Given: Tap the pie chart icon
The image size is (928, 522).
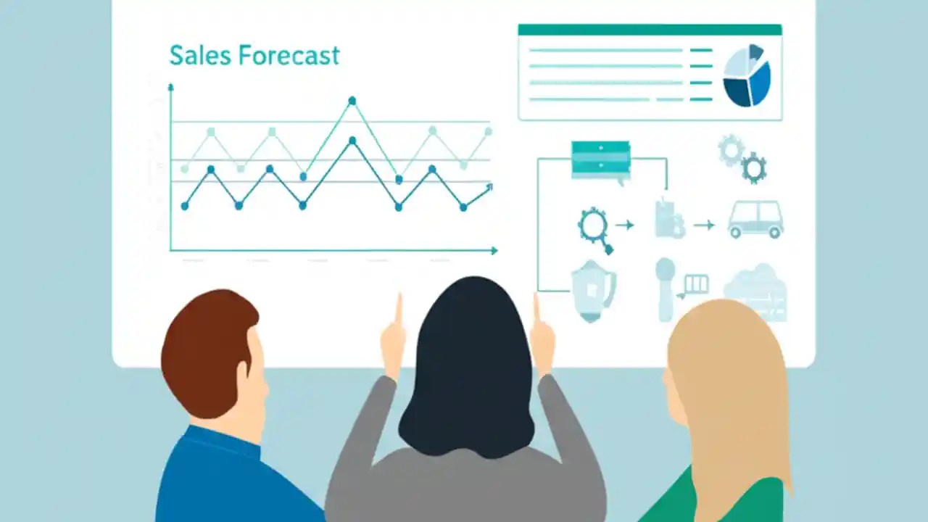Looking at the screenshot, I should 747,75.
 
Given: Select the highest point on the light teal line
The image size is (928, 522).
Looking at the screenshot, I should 352,101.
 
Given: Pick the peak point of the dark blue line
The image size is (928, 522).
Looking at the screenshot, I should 352,141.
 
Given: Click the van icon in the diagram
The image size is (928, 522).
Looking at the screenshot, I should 755,220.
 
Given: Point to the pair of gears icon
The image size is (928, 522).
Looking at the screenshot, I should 742,158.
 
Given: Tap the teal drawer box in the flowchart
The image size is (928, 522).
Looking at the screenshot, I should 600,159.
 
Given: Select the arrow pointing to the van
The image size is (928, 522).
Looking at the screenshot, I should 704,225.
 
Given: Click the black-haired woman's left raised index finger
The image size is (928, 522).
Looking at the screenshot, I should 398,310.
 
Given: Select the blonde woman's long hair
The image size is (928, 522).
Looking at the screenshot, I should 732,391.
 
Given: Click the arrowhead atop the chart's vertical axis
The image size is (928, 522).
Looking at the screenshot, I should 171,88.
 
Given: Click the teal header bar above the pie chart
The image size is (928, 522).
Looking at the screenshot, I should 650,30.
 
